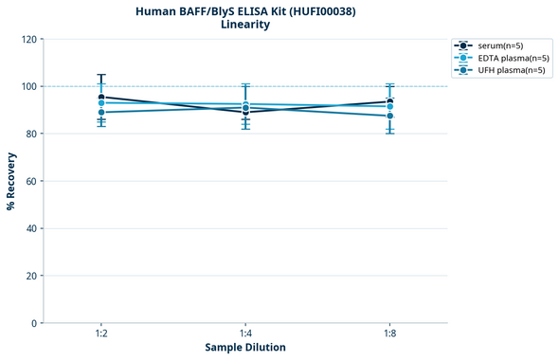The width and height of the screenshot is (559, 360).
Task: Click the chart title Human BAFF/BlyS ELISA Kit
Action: coord(244,10)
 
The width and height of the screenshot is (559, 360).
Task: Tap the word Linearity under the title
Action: coord(244,25)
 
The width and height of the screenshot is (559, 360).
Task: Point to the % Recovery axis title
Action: coord(11,180)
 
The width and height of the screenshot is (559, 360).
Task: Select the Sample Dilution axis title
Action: coord(245,348)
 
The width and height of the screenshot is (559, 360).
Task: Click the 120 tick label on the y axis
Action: coord(28,39)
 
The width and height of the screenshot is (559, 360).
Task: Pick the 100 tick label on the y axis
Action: coord(28,86)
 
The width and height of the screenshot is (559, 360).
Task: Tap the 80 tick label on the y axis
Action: coord(31,134)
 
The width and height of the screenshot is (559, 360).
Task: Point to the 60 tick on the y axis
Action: coord(31,181)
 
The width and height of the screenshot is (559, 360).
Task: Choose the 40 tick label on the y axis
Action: coord(31,228)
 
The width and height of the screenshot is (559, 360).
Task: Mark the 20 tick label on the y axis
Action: coord(31,276)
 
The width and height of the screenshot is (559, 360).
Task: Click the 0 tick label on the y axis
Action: coord(34,323)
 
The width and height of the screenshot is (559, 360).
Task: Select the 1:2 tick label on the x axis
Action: coord(101,334)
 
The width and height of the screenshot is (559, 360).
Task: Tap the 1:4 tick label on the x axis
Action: coord(245,334)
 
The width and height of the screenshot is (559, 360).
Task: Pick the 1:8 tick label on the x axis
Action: coord(389,334)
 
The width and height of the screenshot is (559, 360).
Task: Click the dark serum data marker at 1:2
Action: coord(101,97)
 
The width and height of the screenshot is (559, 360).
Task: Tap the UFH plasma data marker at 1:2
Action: coord(101,113)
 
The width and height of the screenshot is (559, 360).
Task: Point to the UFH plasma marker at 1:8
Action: coord(389,116)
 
